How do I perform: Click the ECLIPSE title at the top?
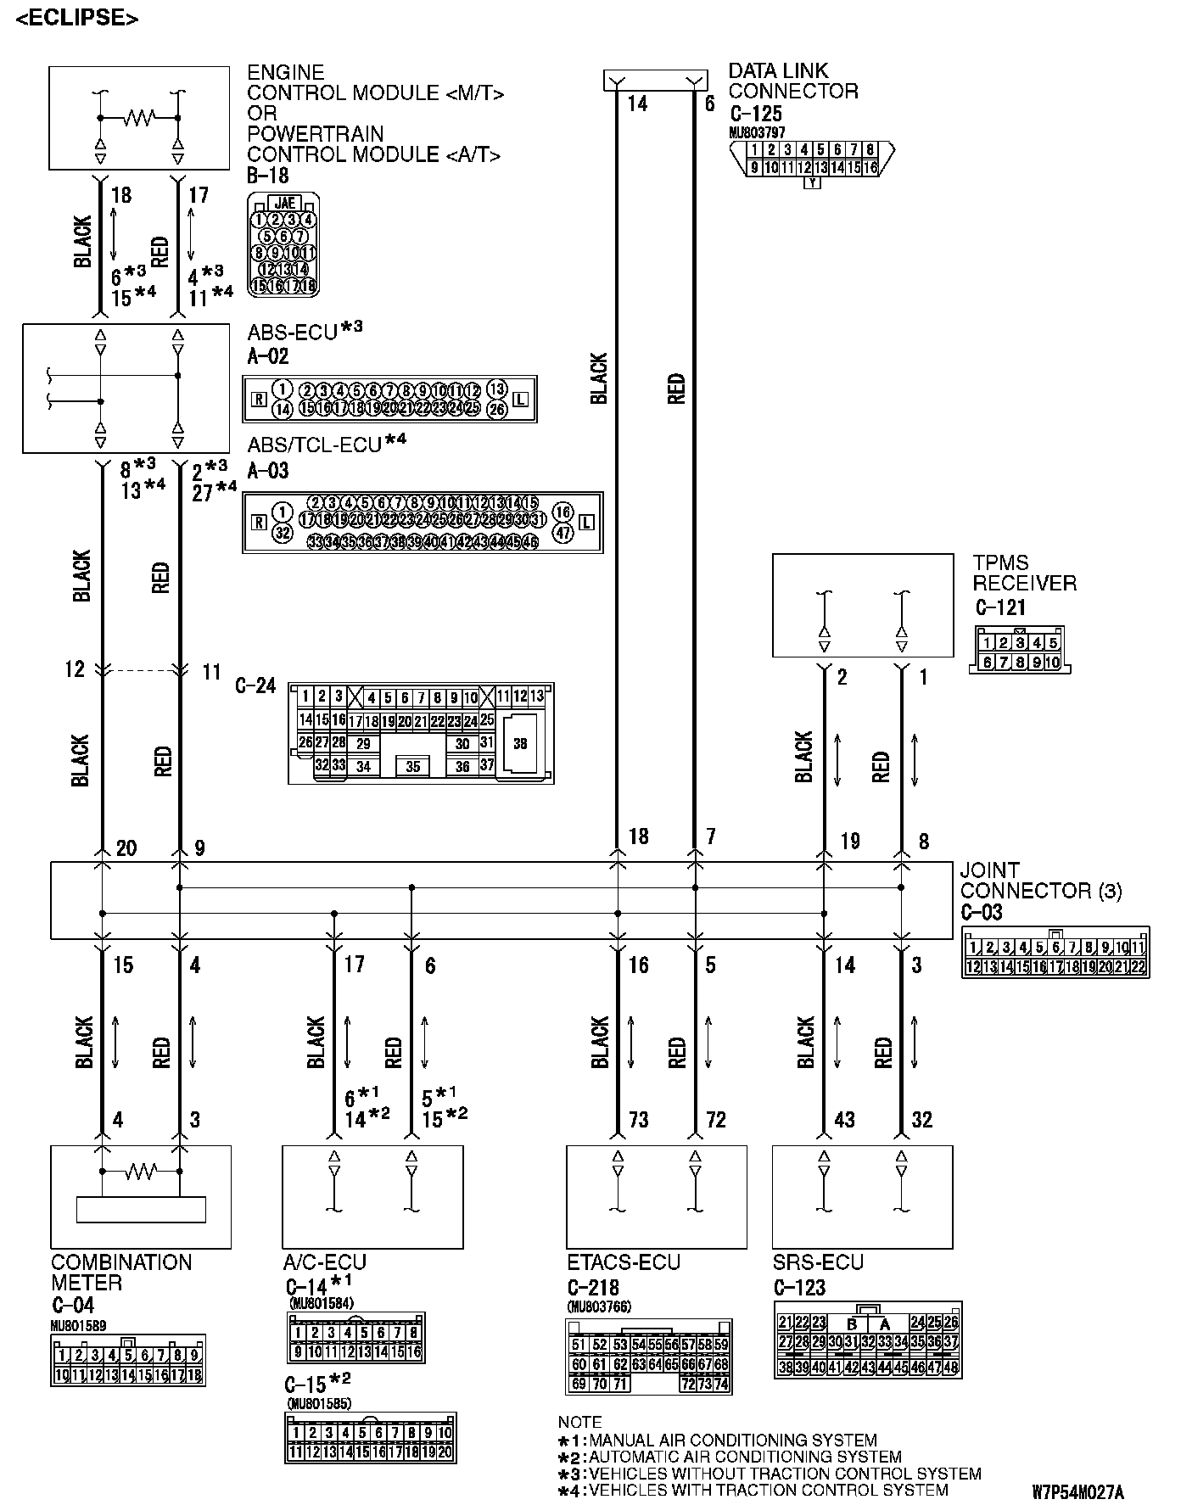tap(77, 18)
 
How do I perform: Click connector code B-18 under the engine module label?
tap(268, 176)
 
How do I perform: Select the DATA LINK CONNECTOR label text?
tap(792, 81)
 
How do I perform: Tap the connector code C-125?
tap(754, 114)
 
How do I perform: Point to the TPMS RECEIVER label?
tap(1024, 573)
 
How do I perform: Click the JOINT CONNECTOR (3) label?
tap(1040, 881)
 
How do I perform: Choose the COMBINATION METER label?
tap(121, 1273)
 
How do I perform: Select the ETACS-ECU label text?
tap(624, 1262)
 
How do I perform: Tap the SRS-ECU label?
tap(818, 1262)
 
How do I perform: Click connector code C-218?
tap(593, 1288)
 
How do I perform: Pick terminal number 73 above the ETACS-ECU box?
tap(638, 1120)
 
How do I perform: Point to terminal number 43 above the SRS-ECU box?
tap(844, 1120)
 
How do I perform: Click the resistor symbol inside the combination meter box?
tap(140, 1172)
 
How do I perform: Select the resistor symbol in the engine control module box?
tap(138, 117)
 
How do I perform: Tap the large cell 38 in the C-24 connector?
tap(520, 744)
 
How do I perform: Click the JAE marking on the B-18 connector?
tap(285, 204)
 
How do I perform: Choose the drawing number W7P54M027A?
tap(1077, 1491)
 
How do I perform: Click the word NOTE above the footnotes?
tap(579, 1422)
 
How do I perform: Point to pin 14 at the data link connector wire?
tap(637, 104)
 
